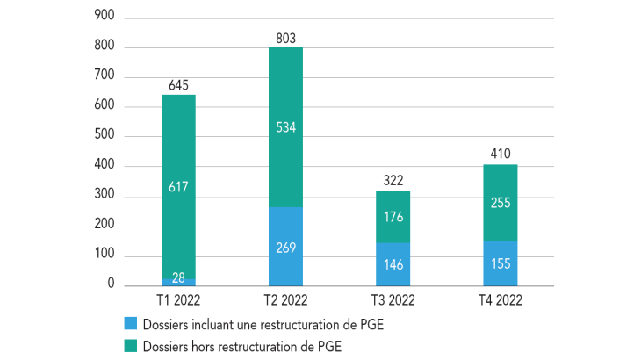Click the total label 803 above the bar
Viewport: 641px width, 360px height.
click(285, 37)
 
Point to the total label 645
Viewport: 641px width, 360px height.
click(178, 84)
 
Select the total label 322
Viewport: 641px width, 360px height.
click(393, 181)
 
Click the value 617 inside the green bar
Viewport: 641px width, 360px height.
click(178, 187)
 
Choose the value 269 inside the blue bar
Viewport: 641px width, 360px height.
click(285, 248)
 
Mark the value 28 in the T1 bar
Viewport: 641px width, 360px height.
click(178, 278)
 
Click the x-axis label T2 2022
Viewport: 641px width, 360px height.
click(285, 299)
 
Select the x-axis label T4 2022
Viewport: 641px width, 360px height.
click(500, 299)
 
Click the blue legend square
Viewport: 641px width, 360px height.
click(130, 324)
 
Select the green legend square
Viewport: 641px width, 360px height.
click(130, 345)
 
